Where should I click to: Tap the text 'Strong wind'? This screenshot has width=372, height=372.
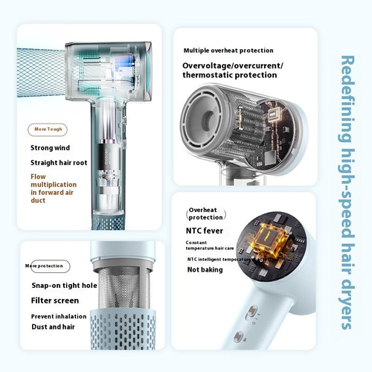coord(51,147)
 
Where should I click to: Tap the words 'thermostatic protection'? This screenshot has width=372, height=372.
coord(229,75)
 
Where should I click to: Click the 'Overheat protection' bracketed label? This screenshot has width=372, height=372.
coord(205,214)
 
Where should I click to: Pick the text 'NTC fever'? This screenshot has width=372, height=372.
coord(203,231)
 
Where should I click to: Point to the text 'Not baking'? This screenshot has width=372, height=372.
coord(205,272)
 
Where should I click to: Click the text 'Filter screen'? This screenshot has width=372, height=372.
coord(54,301)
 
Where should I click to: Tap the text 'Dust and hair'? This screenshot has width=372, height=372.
coord(54,327)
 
